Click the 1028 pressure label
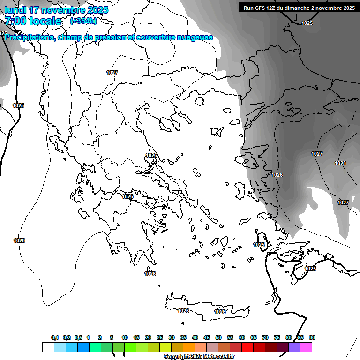coord(340,163)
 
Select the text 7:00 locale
coord(33,21)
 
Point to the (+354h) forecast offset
coord(83,21)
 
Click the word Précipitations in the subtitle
coord(29,37)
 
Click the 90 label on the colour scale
coord(312,337)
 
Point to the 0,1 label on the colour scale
coord(55,337)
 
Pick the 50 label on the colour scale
coord(218,337)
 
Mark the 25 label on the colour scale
coord(160,337)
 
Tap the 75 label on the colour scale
coord(277,337)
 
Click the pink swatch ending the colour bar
coord(306,347)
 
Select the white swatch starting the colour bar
coord(48,347)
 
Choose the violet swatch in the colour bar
coord(294,347)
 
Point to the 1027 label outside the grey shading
coord(112,73)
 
